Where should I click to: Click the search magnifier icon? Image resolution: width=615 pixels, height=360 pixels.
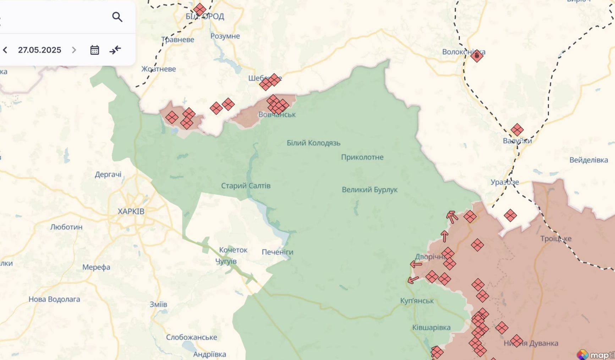tap(117, 17)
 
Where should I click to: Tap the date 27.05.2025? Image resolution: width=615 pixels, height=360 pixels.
tap(40, 50)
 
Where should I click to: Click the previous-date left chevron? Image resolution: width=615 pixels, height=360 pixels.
tap(5, 50)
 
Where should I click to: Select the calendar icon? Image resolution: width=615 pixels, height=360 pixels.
tap(94, 50)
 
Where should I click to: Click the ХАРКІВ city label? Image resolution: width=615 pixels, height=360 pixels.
tap(131, 211)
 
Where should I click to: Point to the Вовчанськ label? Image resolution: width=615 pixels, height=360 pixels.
tap(277, 115)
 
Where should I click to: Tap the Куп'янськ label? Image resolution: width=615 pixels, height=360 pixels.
tap(417, 301)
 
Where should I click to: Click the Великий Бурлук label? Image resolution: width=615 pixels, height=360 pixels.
tap(369, 190)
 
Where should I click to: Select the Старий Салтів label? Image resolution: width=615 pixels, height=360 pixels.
tap(246, 186)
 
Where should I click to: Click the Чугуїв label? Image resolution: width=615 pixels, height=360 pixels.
tap(226, 261)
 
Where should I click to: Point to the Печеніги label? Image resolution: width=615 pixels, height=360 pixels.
tap(277, 252)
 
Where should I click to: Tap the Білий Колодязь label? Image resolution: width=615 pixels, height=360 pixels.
tap(313, 143)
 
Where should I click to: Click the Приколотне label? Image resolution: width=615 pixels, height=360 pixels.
tap(362, 157)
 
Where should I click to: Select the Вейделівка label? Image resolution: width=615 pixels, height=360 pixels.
tap(588, 160)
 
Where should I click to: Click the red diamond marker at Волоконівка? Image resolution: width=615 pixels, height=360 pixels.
tap(477, 56)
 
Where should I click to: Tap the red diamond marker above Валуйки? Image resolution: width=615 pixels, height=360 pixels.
tap(517, 130)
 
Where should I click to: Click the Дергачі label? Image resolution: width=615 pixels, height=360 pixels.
tap(108, 175)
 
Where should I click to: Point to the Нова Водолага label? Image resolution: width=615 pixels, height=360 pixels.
tap(54, 299)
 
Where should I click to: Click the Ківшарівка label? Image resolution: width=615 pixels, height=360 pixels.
tap(431, 328)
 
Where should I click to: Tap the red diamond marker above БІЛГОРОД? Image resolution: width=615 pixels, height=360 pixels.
tap(199, 10)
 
